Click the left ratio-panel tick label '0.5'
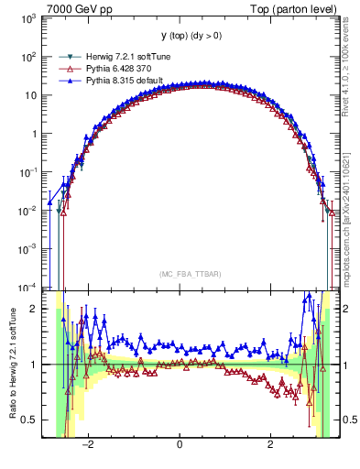pos(27,420)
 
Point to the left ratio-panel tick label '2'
pos(33,310)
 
